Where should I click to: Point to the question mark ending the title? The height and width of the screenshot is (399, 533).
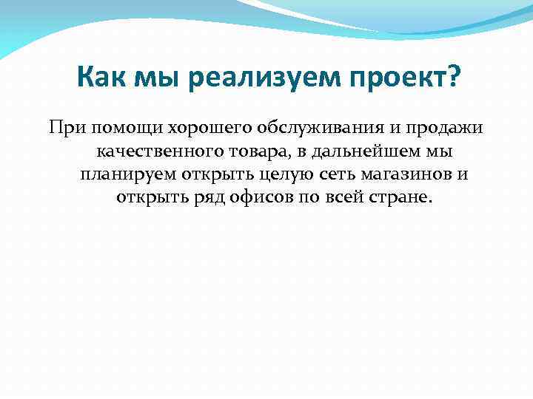pos(451,78)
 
